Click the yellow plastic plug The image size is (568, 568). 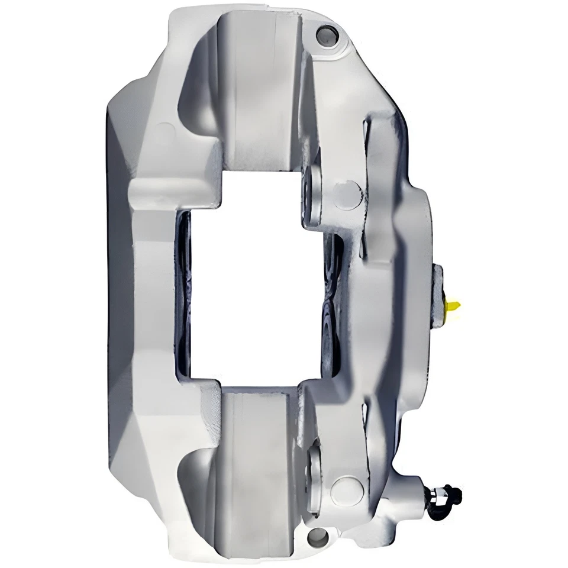pos(453,306)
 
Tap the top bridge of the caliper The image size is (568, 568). pos(260,89)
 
